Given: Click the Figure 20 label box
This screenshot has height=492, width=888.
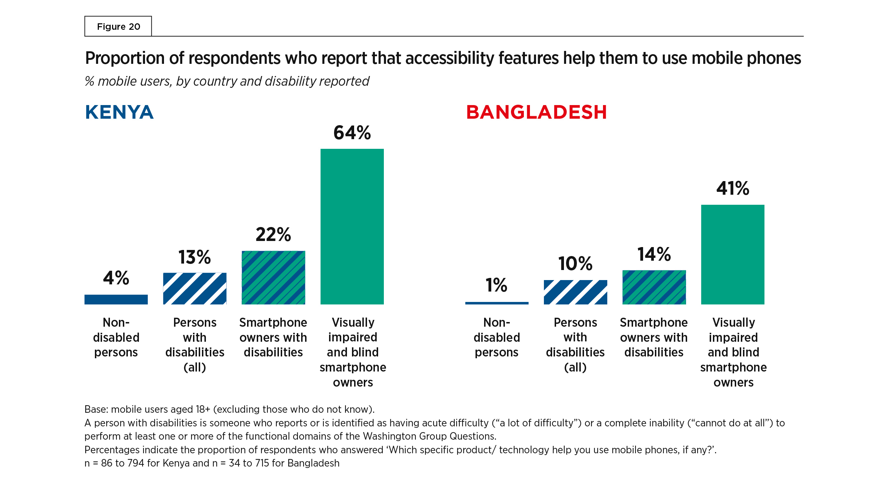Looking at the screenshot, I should coord(118,27).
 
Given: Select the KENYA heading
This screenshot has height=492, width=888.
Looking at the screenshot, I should coord(119,112).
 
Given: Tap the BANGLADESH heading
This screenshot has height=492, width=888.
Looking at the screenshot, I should coord(536,112).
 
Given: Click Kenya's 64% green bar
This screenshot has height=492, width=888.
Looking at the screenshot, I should coord(352,227).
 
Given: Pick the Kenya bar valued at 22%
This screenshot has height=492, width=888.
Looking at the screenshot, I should coord(273,278).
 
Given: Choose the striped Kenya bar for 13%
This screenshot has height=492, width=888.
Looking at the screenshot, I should coord(195,289).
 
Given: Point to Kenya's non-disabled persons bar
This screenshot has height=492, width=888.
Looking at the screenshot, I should coord(116,299).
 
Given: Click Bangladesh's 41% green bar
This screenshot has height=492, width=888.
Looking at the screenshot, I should coord(733,255).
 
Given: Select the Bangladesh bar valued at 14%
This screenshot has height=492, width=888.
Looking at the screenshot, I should coord(654,287).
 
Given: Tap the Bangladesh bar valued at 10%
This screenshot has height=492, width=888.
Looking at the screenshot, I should coord(575,292).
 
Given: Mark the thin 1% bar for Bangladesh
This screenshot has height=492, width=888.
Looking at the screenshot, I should coord(497,303).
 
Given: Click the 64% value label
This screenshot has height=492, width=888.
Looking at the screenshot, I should coord(352,133).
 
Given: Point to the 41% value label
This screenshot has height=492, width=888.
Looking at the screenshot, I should coord(733,188).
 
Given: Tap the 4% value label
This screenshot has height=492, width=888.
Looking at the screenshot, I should coord(116,278).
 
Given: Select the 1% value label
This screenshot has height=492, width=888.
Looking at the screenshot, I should coord(497,285).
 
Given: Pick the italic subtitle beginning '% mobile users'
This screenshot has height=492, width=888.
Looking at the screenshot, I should coord(227,81).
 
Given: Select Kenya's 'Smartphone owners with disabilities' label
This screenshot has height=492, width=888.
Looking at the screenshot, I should coord(273,337).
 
